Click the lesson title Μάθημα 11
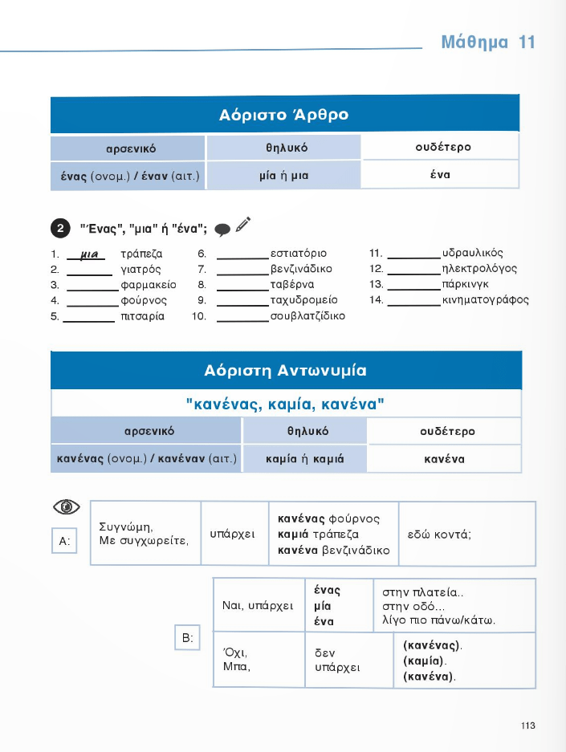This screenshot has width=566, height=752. pos(487,43)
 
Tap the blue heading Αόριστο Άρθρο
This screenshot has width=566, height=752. pos(283,115)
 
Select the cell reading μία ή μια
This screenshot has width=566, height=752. pos(283,175)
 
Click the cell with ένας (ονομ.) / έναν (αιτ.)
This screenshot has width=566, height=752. pos(128,175)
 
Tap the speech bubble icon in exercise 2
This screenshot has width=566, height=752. pos(223,230)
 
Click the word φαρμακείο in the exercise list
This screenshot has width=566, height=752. pos(148,285)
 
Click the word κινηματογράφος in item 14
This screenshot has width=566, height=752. pos(486,300)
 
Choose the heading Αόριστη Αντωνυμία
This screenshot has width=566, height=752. pos(285,371)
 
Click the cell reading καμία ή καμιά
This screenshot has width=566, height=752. pos(304,460)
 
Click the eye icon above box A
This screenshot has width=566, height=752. pos(67,506)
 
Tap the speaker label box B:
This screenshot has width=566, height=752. pos(186,639)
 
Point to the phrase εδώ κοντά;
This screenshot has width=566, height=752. pos(439,534)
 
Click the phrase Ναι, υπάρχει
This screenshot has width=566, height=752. pos(258,605)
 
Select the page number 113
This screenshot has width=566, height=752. pos(527,726)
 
